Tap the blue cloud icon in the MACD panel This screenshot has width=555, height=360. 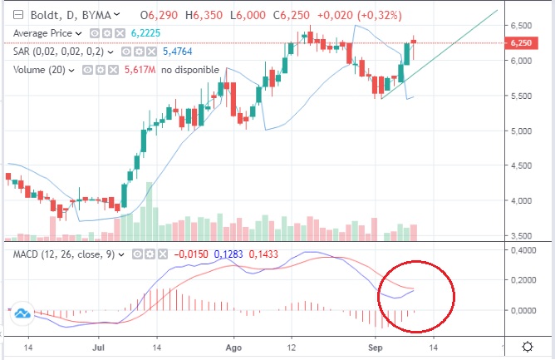pos(22,313)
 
